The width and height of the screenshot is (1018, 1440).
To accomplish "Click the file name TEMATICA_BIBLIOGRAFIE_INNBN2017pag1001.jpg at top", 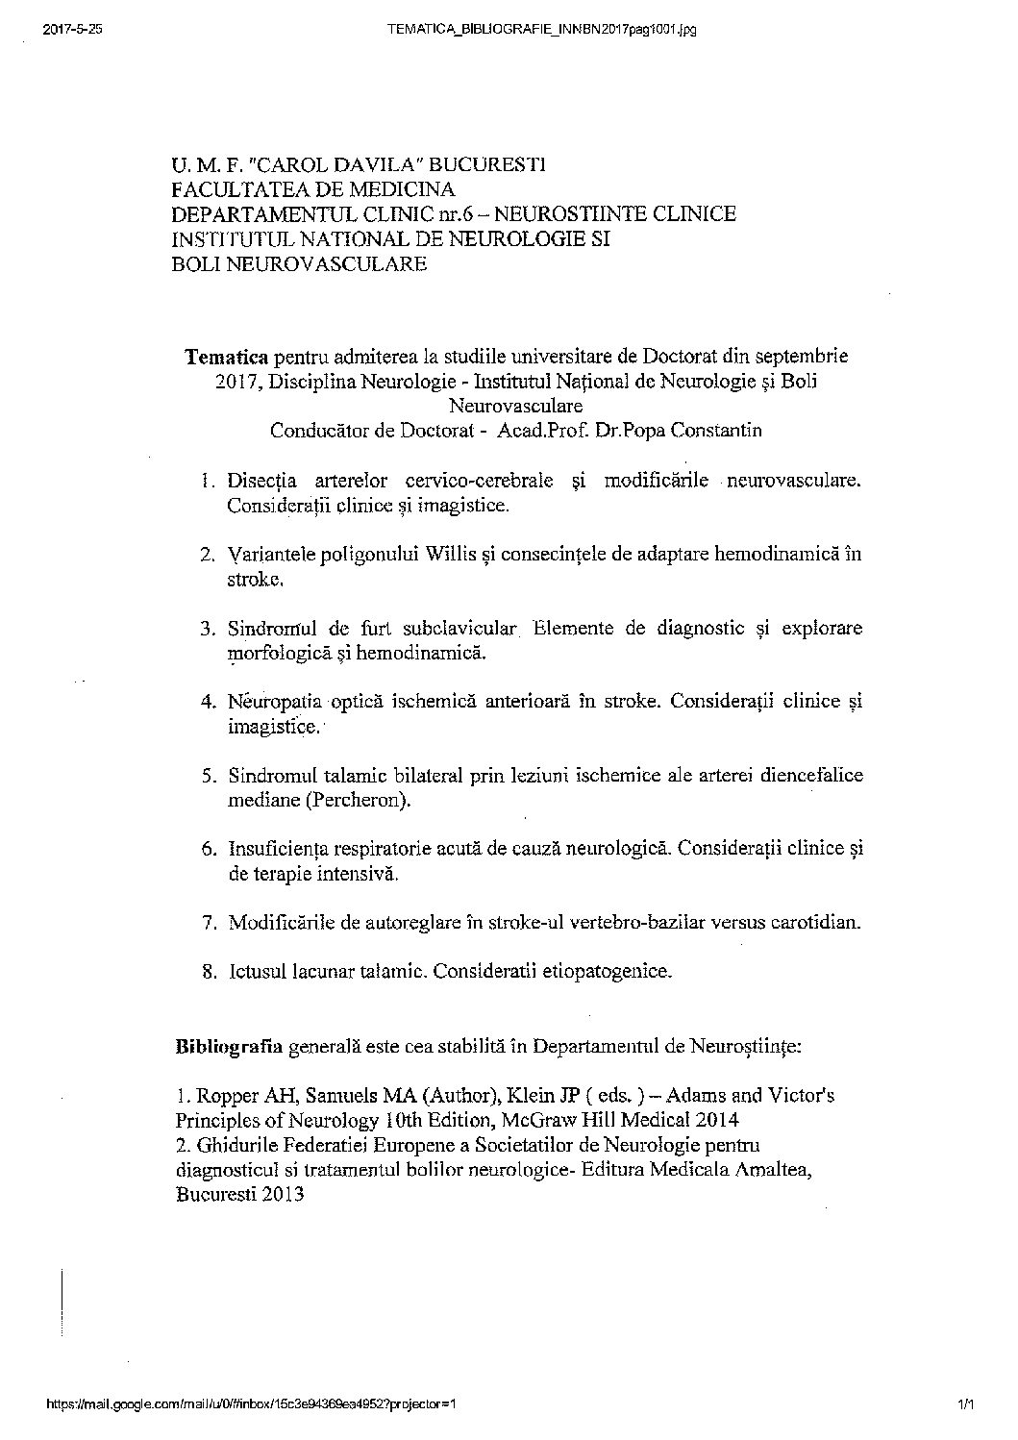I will point(540,30).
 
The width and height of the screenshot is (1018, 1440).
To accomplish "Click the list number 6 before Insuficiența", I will point(208,849).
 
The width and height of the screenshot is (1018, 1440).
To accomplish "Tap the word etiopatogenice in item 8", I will point(607,971).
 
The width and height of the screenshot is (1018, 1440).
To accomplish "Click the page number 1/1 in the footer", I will point(965,1430).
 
